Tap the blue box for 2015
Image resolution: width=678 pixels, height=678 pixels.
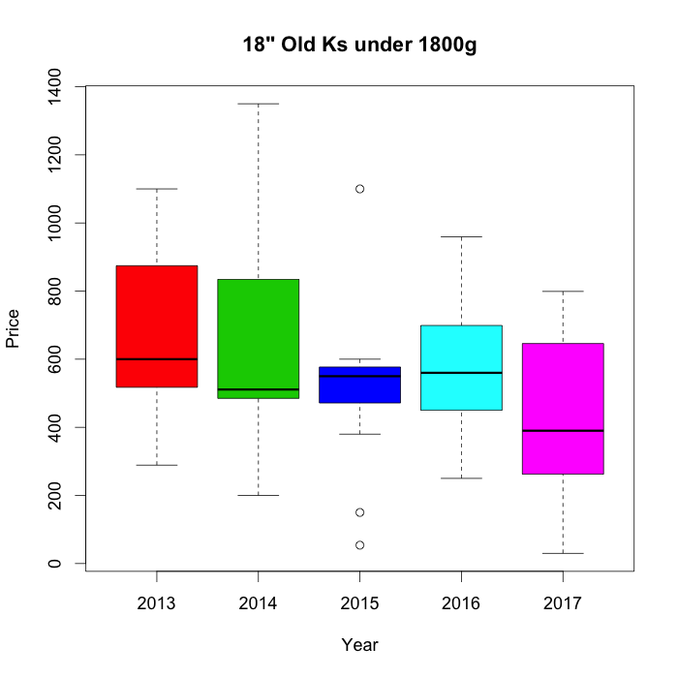coord(359,387)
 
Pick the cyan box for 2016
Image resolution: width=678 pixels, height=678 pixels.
coord(461,387)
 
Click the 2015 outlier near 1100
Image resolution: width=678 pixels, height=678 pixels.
coord(359,189)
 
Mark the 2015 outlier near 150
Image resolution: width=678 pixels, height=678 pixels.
coord(359,512)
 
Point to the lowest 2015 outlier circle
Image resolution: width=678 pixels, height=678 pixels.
coord(359,545)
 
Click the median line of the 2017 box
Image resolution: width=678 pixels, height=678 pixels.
coord(563,430)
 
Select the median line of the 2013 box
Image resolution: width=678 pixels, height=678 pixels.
coord(156,359)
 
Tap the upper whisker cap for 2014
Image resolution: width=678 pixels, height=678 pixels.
coord(258,104)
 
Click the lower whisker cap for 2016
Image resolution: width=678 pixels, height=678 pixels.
coord(461,478)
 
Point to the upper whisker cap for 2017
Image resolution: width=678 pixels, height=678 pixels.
coord(563,291)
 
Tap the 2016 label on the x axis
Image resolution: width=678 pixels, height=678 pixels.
coord(461,604)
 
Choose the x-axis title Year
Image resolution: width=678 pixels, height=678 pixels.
coord(359,645)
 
